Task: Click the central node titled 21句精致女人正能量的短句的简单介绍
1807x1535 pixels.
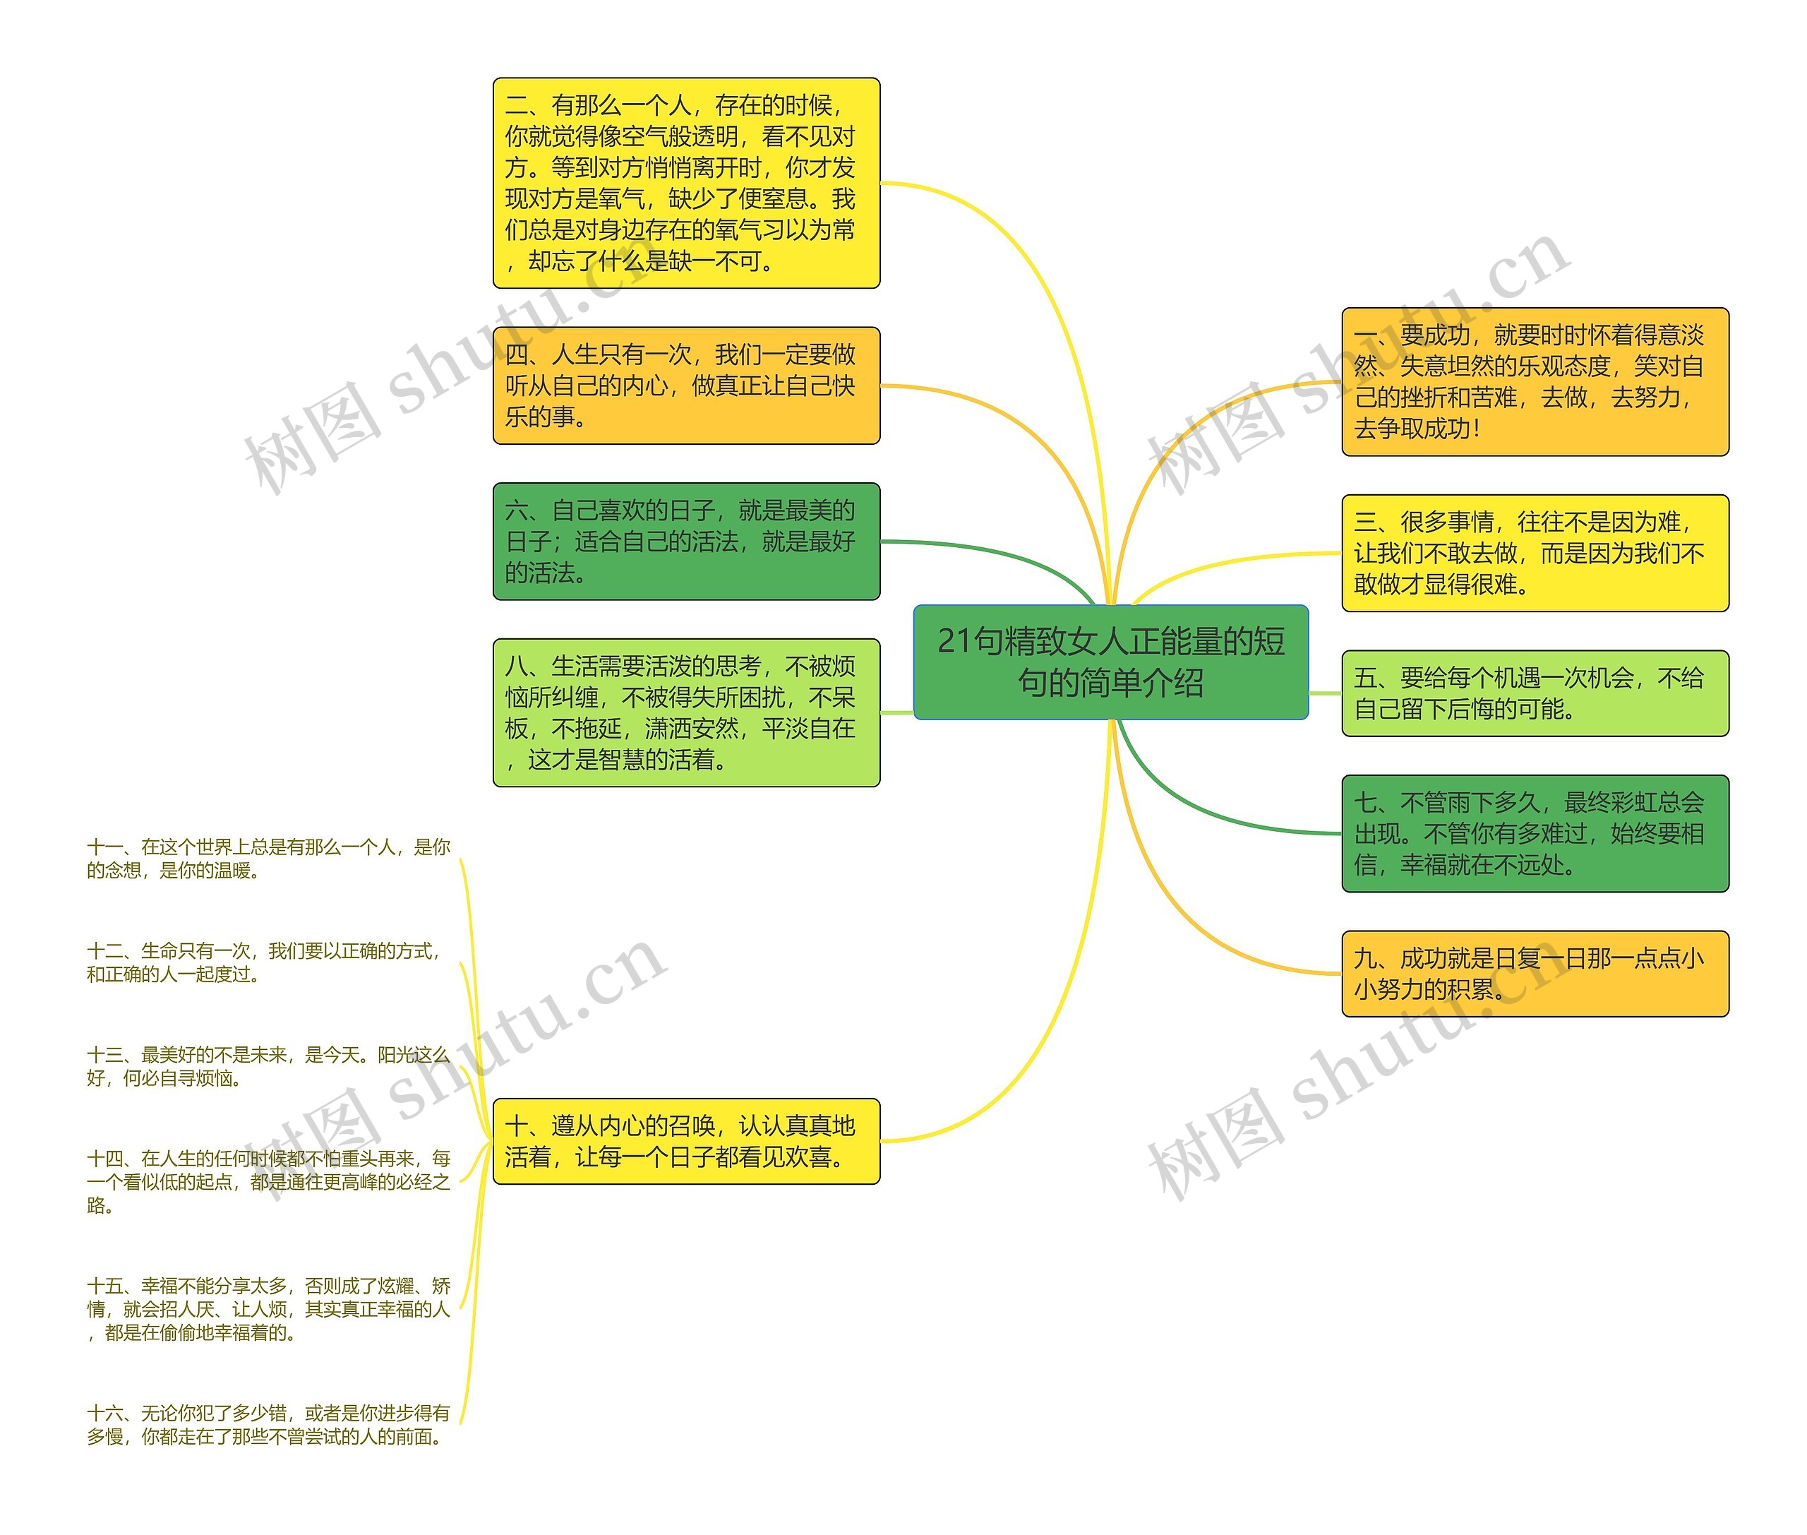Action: [1110, 662]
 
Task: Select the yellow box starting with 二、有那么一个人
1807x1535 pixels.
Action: [685, 183]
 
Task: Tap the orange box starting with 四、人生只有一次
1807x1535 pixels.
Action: [685, 386]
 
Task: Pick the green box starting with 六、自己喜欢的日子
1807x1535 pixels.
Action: [685, 542]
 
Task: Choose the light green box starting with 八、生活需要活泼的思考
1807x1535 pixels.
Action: [685, 712]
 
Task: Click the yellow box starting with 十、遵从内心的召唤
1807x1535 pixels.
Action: [685, 1141]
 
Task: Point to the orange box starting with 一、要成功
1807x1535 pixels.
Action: [1535, 381]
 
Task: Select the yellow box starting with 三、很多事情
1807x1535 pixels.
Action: [1535, 554]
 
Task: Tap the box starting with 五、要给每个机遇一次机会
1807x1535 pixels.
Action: [1535, 693]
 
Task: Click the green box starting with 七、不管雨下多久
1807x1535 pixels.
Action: [1535, 834]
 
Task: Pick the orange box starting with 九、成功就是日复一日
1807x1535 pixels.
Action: [1535, 974]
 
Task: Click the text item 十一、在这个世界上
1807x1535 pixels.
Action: [268, 859]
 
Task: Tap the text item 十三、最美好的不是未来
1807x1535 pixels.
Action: [268, 1067]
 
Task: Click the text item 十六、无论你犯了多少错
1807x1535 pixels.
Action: [268, 1424]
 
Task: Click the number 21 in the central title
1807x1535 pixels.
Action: [954, 641]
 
